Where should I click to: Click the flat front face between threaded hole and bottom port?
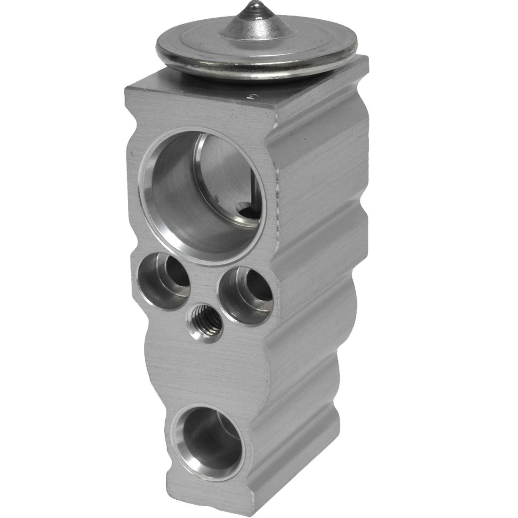click(x=193, y=373)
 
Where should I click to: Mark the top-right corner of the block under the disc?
click(x=367, y=58)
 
